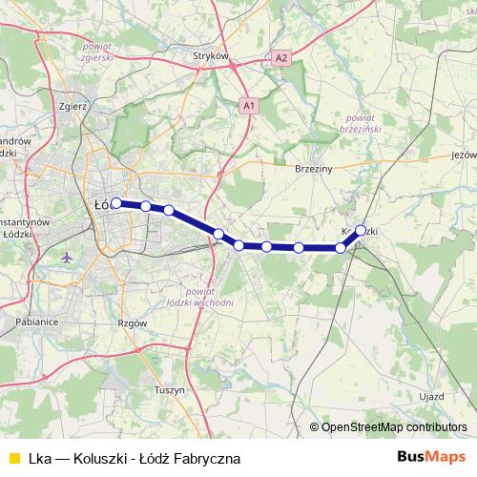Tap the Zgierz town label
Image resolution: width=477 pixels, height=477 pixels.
[x=73, y=106]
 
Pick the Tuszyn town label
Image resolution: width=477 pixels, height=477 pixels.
[x=168, y=390]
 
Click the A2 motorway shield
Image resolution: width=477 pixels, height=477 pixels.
[x=280, y=58]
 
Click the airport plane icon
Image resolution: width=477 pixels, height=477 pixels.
[x=66, y=258]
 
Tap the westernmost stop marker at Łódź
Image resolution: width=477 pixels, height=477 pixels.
[x=116, y=202]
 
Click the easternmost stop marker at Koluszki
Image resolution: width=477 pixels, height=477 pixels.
[x=361, y=229]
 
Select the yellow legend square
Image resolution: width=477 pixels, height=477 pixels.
[x=12, y=459]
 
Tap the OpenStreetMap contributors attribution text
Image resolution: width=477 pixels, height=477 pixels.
[x=393, y=426]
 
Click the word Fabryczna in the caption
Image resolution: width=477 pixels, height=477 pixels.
[x=207, y=459]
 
